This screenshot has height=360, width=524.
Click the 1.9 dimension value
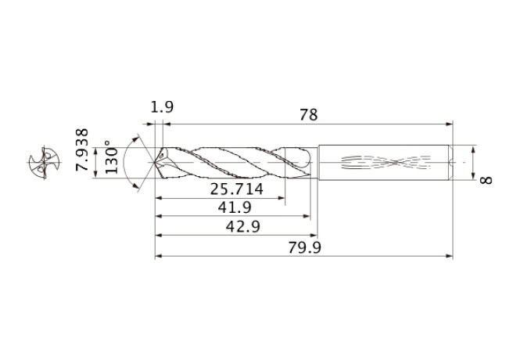tap(162, 107)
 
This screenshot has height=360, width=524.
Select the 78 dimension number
tap(308, 114)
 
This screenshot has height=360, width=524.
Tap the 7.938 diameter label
tap(82, 149)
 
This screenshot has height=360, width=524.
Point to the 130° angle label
tap(112, 157)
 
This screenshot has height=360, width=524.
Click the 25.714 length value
tap(237, 189)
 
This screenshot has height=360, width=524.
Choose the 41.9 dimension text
tap(235, 207)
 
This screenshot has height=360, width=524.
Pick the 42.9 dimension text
tap(243, 227)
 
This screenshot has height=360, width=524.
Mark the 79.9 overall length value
tap(304, 247)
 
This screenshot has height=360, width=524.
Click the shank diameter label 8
tap(486, 180)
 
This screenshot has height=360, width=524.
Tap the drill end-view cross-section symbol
tap(44, 163)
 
